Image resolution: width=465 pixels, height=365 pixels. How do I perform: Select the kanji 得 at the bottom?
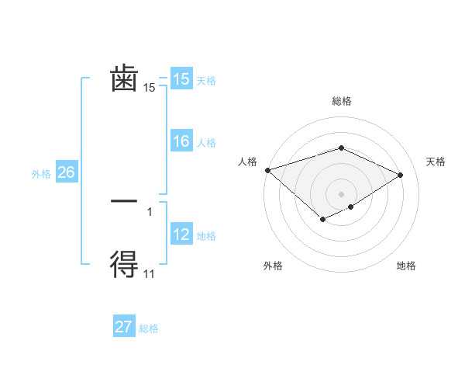point(124,265)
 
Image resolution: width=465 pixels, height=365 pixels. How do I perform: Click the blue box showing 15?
point(181,79)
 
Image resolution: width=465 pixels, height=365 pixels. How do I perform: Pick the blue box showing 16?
point(181,141)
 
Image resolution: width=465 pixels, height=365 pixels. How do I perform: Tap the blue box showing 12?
point(181,235)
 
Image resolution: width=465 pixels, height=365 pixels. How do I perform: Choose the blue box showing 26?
point(66,172)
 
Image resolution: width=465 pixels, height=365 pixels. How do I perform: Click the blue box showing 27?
point(124,327)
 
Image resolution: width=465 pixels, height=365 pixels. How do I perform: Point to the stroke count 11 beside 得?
point(150,273)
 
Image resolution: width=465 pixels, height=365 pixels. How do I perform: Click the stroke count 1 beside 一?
point(150,210)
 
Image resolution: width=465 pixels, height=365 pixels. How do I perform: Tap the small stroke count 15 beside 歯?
point(150,88)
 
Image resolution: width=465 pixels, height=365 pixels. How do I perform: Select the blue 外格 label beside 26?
point(41,174)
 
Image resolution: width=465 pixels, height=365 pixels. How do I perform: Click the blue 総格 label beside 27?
point(149,328)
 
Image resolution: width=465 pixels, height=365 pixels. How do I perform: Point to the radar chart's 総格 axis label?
point(342,101)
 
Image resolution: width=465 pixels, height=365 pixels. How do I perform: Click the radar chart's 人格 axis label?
point(247,162)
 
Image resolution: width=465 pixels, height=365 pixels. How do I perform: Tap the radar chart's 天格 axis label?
point(436,162)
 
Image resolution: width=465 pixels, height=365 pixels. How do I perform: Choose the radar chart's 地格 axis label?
point(406,266)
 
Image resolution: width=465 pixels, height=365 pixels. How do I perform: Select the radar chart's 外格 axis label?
point(273,266)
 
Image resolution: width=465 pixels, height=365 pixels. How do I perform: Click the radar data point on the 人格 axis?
point(267,170)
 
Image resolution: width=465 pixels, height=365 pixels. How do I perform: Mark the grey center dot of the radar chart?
point(342,193)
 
